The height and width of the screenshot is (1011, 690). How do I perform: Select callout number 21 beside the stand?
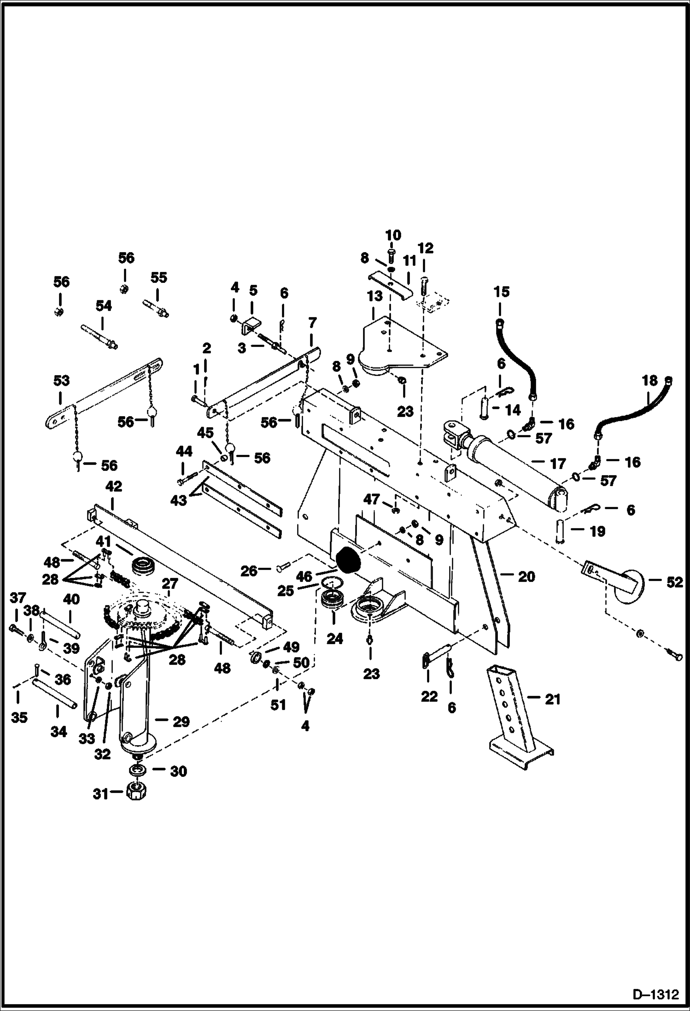(x=552, y=699)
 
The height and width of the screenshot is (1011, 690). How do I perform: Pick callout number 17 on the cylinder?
(x=558, y=463)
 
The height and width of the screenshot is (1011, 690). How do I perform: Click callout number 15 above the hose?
(x=502, y=292)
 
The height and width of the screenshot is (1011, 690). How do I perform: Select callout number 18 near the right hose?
(x=649, y=381)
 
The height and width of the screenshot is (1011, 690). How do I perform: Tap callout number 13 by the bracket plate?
(x=374, y=296)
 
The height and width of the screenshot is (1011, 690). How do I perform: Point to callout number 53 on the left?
(x=61, y=381)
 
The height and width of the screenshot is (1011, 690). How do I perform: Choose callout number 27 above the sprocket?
(x=170, y=584)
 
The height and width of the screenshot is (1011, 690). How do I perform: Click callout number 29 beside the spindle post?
(x=181, y=721)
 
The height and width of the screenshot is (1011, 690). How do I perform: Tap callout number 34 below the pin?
(x=58, y=731)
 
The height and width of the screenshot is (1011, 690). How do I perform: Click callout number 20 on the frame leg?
(x=526, y=576)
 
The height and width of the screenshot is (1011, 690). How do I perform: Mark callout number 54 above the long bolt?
(x=104, y=306)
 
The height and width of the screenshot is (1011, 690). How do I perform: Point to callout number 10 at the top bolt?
(x=393, y=235)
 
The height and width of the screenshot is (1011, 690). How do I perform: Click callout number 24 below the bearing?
(x=335, y=639)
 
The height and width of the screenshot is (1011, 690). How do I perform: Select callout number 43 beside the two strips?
(x=179, y=500)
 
